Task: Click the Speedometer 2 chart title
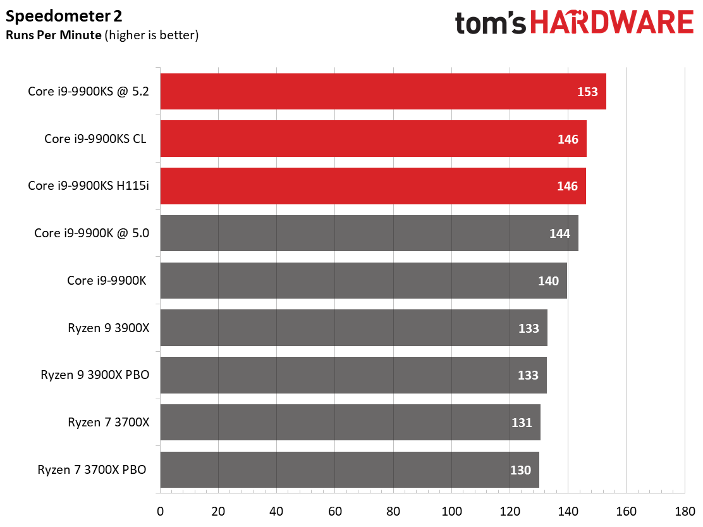[x=64, y=16]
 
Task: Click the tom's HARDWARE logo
[x=574, y=22]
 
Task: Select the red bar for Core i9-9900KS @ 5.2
[x=383, y=92]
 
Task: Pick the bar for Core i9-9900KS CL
[x=374, y=139]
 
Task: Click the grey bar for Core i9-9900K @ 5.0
[x=369, y=233]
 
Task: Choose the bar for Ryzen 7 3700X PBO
[x=350, y=469]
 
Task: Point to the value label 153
[x=587, y=92]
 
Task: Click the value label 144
[x=559, y=233]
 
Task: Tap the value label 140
[x=548, y=281]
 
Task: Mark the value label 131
[x=522, y=423]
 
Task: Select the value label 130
[x=520, y=470]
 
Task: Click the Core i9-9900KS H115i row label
[x=89, y=185]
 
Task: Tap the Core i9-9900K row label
[x=107, y=281]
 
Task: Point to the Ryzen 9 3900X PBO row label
[x=95, y=375]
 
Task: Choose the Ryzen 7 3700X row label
[x=109, y=423]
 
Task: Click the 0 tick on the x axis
[x=160, y=511]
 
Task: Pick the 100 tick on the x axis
[x=451, y=511]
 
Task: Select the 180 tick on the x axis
[x=685, y=511]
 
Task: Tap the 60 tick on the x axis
[x=335, y=511]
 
